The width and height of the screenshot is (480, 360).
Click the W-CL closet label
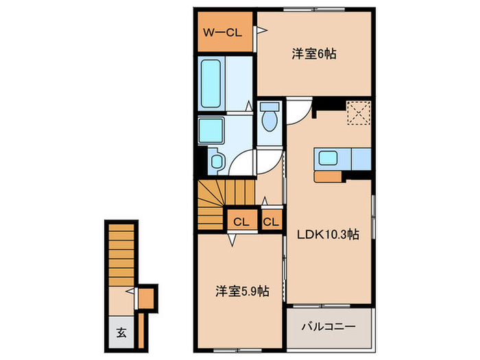223,32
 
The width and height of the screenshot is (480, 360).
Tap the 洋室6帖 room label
314,54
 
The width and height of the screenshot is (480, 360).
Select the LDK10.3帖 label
328,235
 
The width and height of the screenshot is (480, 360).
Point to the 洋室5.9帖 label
243,291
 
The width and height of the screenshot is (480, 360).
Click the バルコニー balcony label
328,326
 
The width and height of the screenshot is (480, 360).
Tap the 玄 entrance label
121,333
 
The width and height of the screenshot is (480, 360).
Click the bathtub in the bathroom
211,83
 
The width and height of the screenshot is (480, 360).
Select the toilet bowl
269,121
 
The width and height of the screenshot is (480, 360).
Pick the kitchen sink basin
328,158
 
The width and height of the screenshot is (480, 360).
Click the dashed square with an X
359,112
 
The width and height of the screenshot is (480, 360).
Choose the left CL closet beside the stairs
241,221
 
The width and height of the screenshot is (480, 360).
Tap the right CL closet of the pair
271,221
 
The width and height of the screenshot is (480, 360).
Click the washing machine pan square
211,131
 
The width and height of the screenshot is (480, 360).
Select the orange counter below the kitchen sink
328,177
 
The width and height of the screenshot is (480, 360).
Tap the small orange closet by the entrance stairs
146,298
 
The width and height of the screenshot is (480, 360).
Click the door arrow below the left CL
232,240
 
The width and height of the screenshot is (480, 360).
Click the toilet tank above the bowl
269,106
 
